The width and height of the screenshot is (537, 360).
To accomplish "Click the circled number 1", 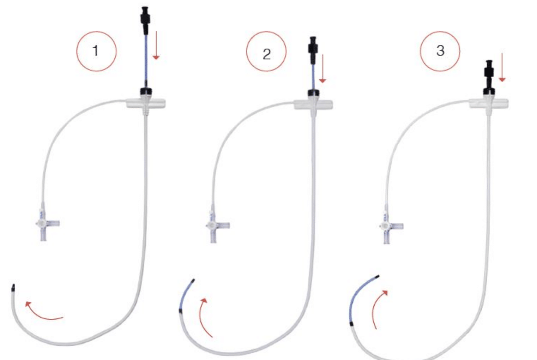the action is point(96,51).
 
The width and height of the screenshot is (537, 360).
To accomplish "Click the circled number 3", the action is point(440,51).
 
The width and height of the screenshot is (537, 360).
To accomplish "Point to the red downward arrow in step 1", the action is point(156,45).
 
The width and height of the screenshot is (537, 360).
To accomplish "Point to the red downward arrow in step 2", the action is point(323,68).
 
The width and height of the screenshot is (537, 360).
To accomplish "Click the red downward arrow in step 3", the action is point(502,67).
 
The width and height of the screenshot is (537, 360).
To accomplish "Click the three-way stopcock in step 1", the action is point(46,223).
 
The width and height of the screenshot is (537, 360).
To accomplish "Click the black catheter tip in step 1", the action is point(13,288).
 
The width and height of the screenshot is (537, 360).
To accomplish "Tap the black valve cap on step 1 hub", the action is point(146,91).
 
